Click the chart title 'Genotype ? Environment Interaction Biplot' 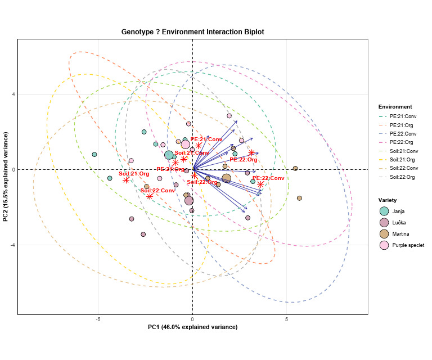pos(192,32)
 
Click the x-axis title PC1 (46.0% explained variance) pos(192,327)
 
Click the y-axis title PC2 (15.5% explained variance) pos(6,177)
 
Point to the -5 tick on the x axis pos(98,319)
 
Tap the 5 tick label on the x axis pos(287,319)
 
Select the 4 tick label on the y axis pos(13,94)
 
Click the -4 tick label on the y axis pos(12,245)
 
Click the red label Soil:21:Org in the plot pos(134,174)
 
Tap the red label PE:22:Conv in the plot pos(268,178)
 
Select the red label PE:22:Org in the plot pos(246,160)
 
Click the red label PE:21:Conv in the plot pos(206,139)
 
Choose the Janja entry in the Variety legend pos(398,211)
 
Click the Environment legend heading pos(395,107)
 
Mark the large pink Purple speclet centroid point pos(185,145)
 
